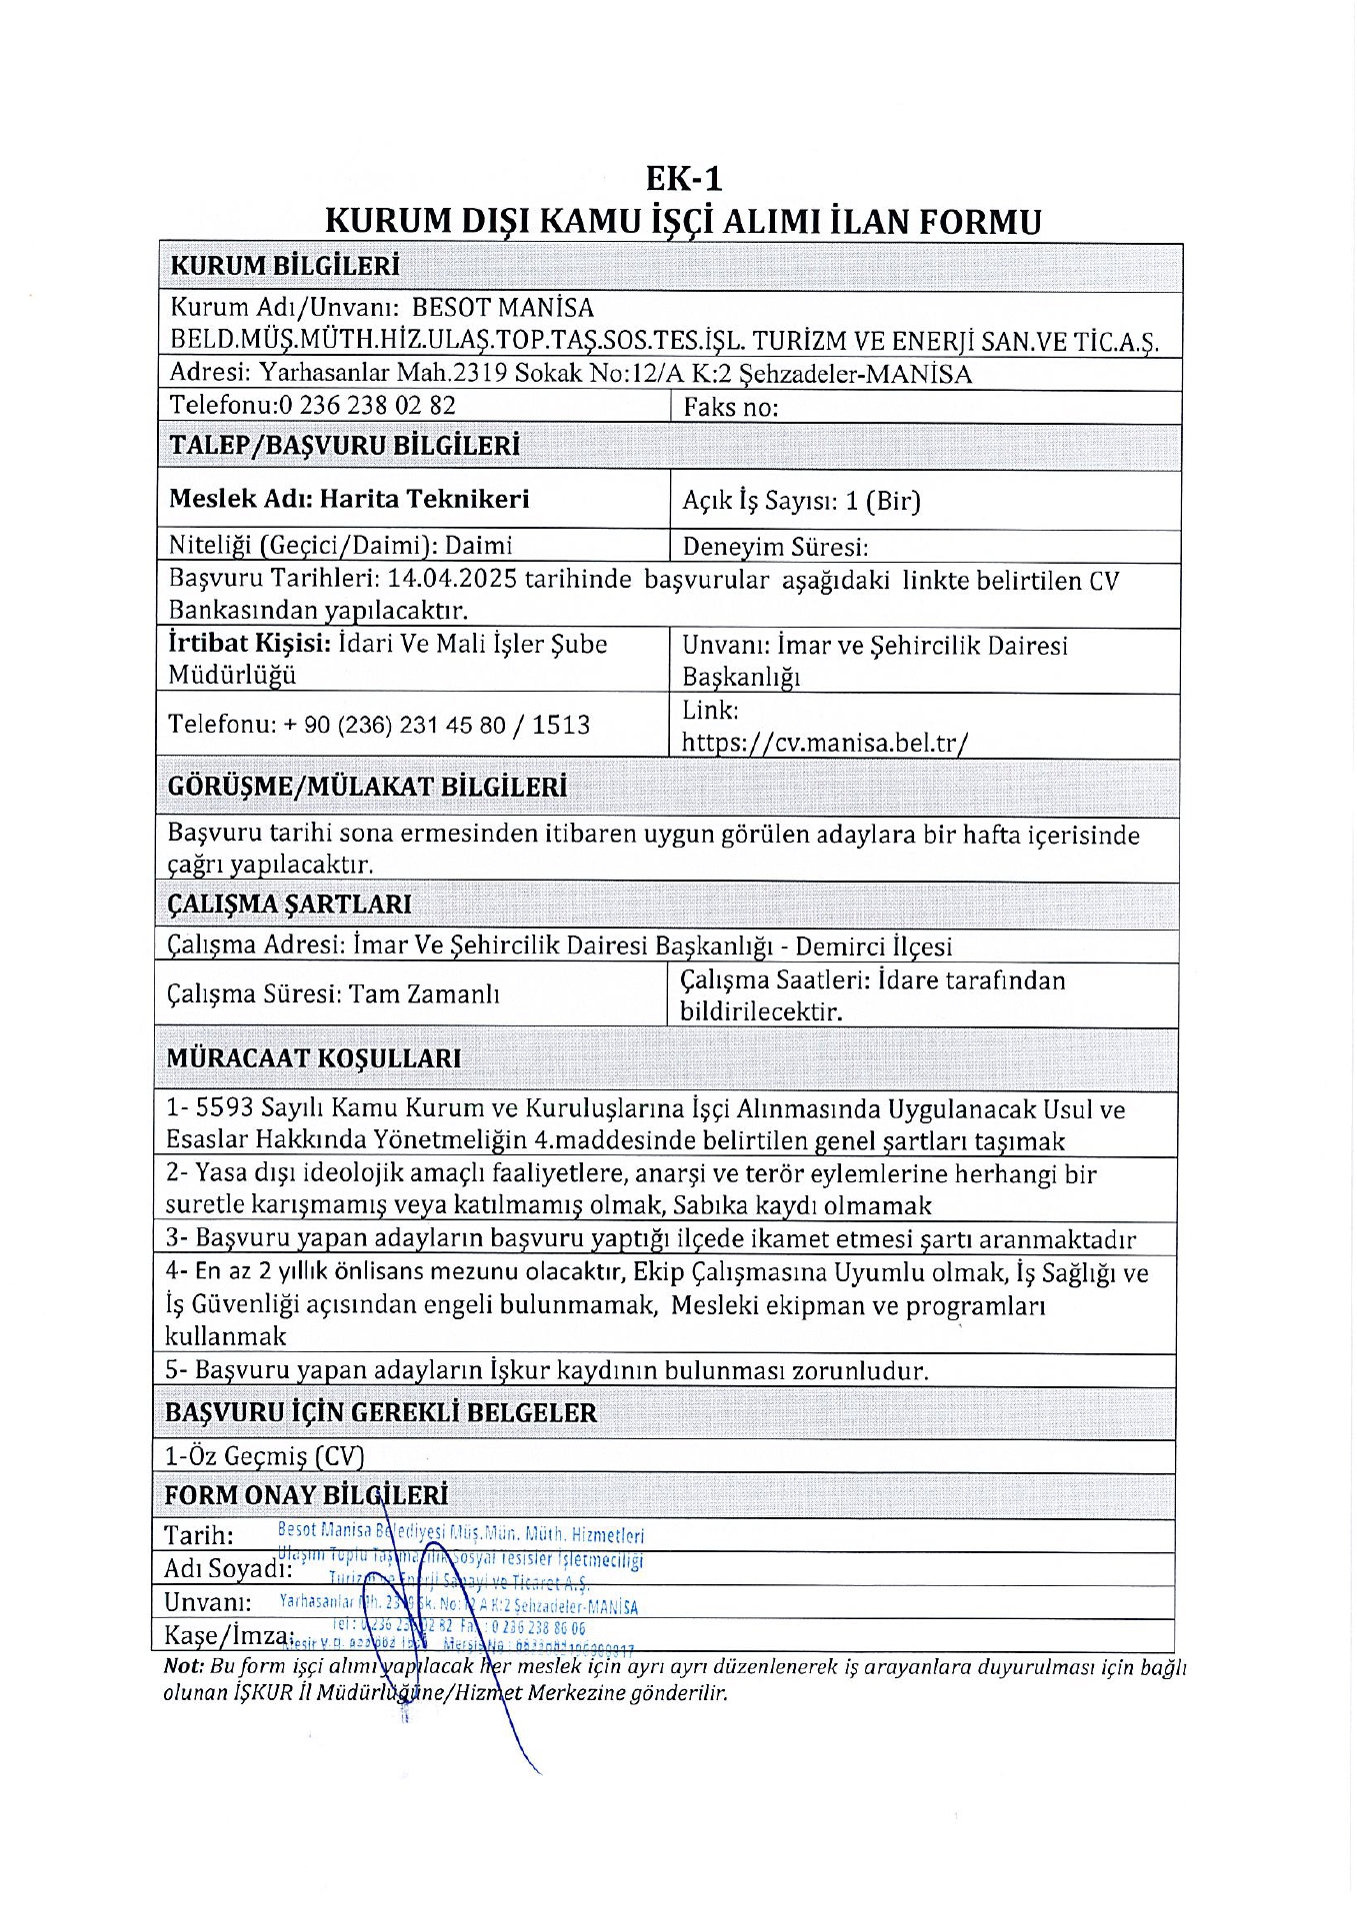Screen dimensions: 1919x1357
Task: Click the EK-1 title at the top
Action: click(683, 179)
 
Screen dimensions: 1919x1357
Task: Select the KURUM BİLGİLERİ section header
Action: click(285, 266)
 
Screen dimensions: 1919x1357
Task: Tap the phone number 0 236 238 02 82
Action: click(367, 405)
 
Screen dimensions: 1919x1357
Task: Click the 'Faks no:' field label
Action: click(730, 407)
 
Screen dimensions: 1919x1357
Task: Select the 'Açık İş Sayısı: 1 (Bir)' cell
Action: click(801, 501)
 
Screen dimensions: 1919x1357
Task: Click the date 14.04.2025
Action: click(451, 579)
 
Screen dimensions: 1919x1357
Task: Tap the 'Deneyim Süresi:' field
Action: click(775, 547)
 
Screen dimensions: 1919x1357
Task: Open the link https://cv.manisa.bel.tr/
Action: click(825, 743)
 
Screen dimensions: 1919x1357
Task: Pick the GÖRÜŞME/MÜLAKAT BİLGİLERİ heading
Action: click(367, 788)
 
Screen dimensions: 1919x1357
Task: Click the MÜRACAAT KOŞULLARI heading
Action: click(313, 1057)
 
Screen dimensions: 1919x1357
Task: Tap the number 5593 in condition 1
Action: click(225, 1108)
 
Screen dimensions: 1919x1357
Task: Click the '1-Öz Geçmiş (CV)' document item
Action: click(264, 1456)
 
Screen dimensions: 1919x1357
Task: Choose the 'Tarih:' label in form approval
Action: click(199, 1535)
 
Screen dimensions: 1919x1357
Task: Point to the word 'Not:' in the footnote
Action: click(184, 1667)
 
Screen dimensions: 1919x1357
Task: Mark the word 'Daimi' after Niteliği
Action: click(478, 546)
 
